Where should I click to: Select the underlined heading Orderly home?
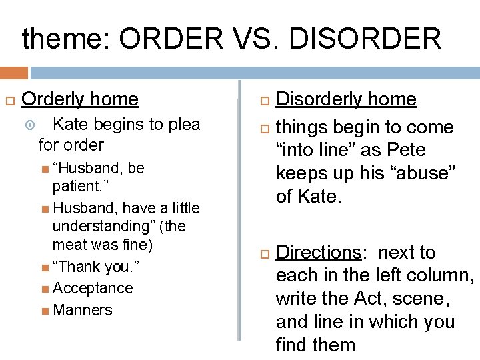[x=80, y=99]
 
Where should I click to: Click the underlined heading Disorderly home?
[x=346, y=99]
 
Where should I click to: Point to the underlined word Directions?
[x=318, y=253]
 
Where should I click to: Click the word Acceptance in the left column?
[x=93, y=288]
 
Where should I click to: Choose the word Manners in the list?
[x=82, y=310]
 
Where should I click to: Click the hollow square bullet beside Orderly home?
[x=9, y=100]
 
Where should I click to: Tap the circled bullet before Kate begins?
[x=43, y=124]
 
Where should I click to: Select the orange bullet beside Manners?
[x=44, y=310]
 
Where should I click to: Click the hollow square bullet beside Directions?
[x=263, y=253]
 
